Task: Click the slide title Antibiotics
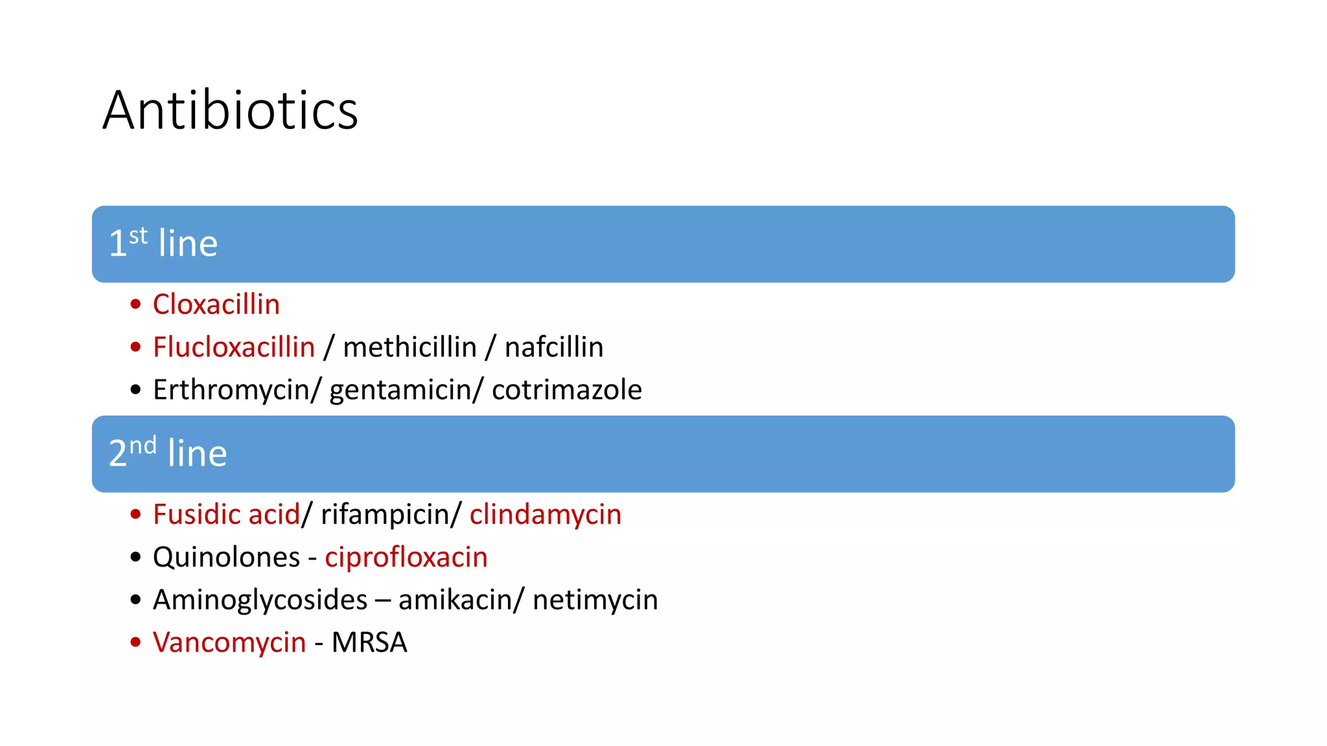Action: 230,111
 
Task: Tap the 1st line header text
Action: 163,243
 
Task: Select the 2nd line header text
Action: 168,453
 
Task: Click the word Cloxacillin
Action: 216,304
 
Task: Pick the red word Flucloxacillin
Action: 234,347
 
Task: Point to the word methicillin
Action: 410,347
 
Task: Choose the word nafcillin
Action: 554,347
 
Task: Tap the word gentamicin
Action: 401,390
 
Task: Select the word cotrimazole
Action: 567,390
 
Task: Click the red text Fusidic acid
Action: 227,514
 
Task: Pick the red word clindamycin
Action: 546,514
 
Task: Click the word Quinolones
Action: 227,557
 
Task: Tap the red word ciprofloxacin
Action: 406,557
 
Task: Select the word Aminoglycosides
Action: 260,600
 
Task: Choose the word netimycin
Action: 595,600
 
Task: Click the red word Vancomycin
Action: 229,642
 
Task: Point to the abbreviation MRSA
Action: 369,642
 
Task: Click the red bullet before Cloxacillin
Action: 135,304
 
